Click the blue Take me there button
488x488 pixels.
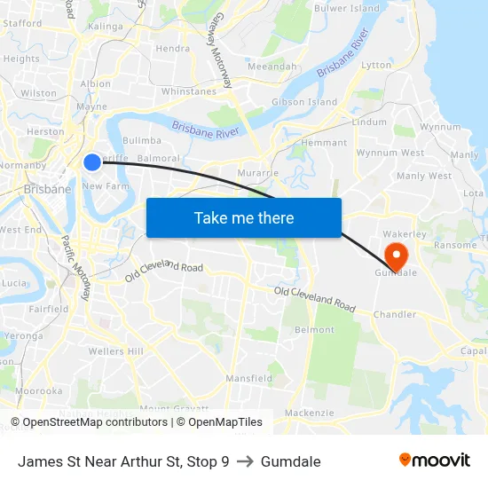(x=244, y=217)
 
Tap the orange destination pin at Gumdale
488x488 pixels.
(x=396, y=256)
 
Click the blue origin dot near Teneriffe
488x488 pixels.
(x=92, y=161)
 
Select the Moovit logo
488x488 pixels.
(x=435, y=460)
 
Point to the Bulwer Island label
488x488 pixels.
(x=347, y=8)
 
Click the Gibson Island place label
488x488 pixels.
(x=304, y=102)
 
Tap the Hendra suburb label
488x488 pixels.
(x=172, y=49)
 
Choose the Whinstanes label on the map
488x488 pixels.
(x=188, y=91)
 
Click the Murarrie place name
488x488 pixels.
(x=258, y=172)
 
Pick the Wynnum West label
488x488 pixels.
(x=390, y=153)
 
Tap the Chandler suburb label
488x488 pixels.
(x=395, y=314)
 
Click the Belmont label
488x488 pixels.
(x=314, y=330)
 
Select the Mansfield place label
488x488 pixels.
(x=248, y=378)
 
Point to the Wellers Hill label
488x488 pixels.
(x=116, y=351)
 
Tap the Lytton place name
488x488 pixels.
(x=376, y=66)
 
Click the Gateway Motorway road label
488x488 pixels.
(x=219, y=56)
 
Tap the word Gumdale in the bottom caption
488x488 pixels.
(x=291, y=461)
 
